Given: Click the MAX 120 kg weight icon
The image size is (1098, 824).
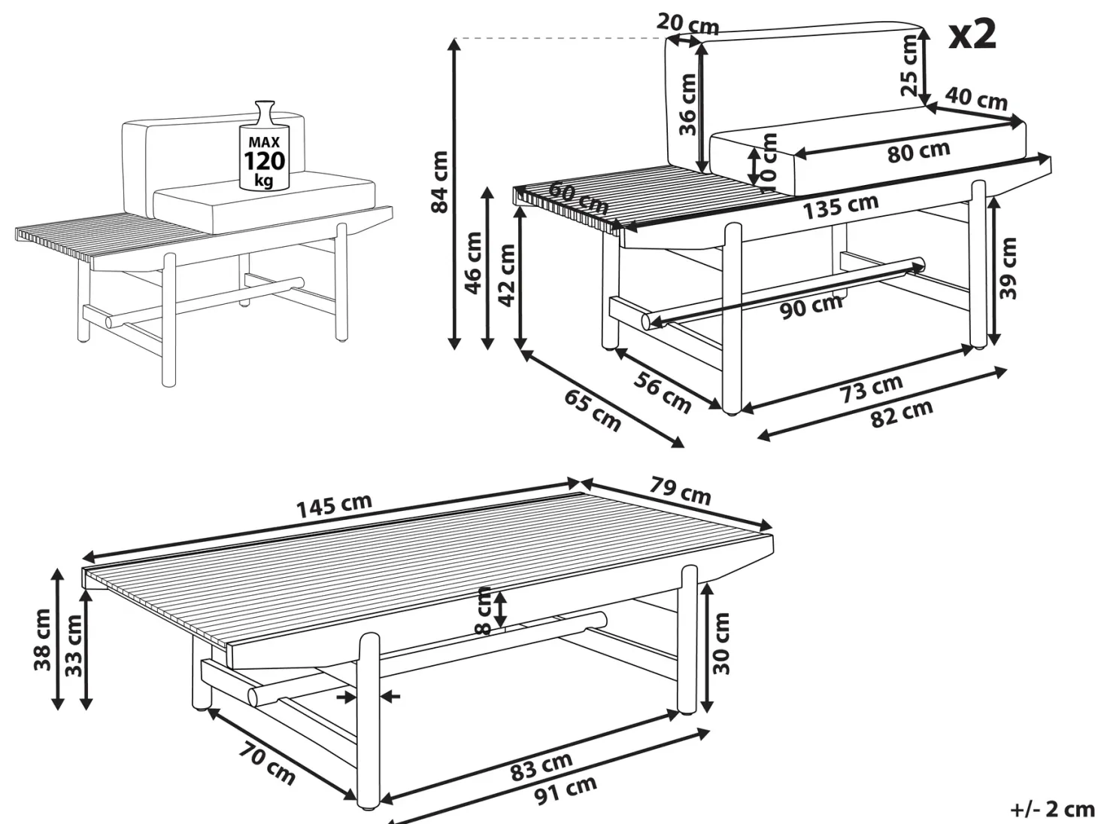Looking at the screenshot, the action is (x=264, y=145).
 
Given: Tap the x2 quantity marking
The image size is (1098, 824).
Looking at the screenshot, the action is (x=972, y=35).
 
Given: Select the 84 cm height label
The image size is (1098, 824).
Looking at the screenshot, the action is (x=440, y=182).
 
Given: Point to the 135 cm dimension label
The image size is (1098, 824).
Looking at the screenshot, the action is (x=841, y=206).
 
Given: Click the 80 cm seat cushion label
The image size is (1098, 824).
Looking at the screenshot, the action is (x=918, y=152).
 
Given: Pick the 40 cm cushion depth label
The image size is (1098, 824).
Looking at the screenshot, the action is (x=976, y=99).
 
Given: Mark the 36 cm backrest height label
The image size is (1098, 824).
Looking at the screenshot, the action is (x=688, y=105).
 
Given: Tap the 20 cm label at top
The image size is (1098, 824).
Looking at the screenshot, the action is (x=688, y=23).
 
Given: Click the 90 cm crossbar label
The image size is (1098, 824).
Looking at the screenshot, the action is (x=811, y=306).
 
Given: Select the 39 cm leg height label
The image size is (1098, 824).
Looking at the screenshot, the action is (x=1009, y=269).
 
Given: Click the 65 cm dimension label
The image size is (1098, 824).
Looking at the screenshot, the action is (x=593, y=411).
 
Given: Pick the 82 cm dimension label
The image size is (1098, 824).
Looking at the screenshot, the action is (x=902, y=414).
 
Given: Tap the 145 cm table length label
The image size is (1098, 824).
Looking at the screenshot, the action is (x=335, y=506).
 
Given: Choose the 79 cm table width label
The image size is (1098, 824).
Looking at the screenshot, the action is (x=681, y=492).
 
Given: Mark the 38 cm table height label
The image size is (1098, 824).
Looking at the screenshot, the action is (x=42, y=640).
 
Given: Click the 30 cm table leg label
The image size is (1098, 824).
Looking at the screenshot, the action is (x=720, y=643).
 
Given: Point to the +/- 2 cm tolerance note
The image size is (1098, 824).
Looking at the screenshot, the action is (x=1052, y=810).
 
